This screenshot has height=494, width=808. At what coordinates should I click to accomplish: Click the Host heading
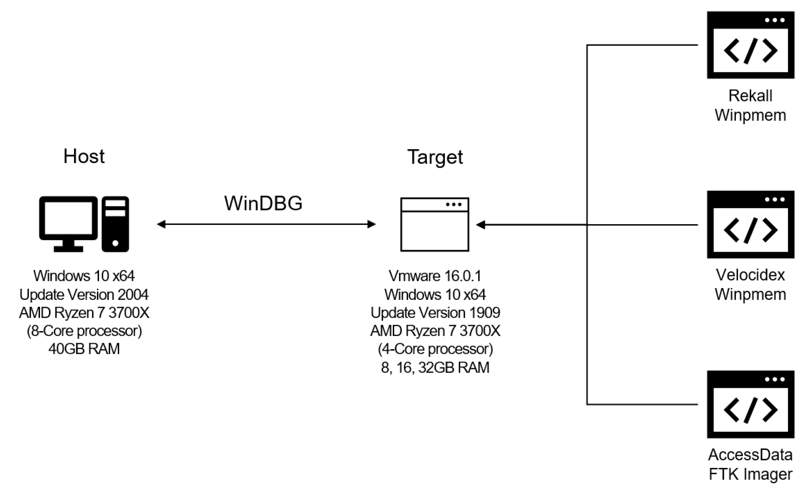(84, 156)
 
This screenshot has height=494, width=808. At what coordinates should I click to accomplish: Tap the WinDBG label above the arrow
(263, 203)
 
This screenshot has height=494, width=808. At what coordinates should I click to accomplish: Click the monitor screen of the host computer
(68, 218)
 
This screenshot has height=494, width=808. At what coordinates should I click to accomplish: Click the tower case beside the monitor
(115, 224)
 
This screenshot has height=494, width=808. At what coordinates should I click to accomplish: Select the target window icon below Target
(434, 225)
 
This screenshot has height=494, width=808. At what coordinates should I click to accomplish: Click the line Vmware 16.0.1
(435, 276)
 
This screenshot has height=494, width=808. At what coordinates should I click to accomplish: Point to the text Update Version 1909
(435, 313)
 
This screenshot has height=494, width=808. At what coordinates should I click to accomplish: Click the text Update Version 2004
(84, 295)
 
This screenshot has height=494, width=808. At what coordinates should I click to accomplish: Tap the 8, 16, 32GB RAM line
(435, 367)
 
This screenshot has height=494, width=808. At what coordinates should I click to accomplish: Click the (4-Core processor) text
(435, 349)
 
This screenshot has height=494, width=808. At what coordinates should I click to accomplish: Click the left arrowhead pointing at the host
(161, 224)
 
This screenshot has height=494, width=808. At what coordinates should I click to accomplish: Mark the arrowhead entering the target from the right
(481, 225)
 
